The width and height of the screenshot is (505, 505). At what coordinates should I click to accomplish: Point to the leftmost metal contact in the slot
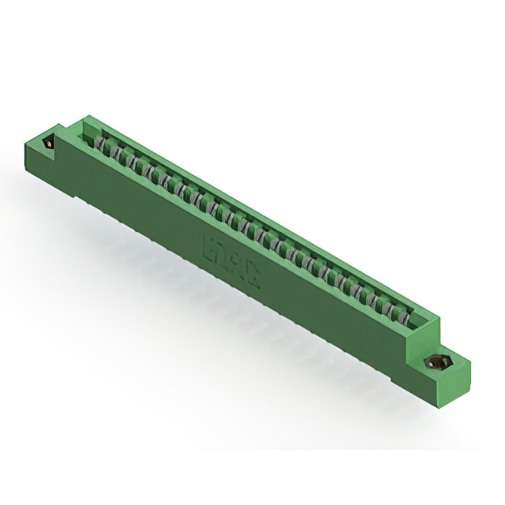tap(100, 143)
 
